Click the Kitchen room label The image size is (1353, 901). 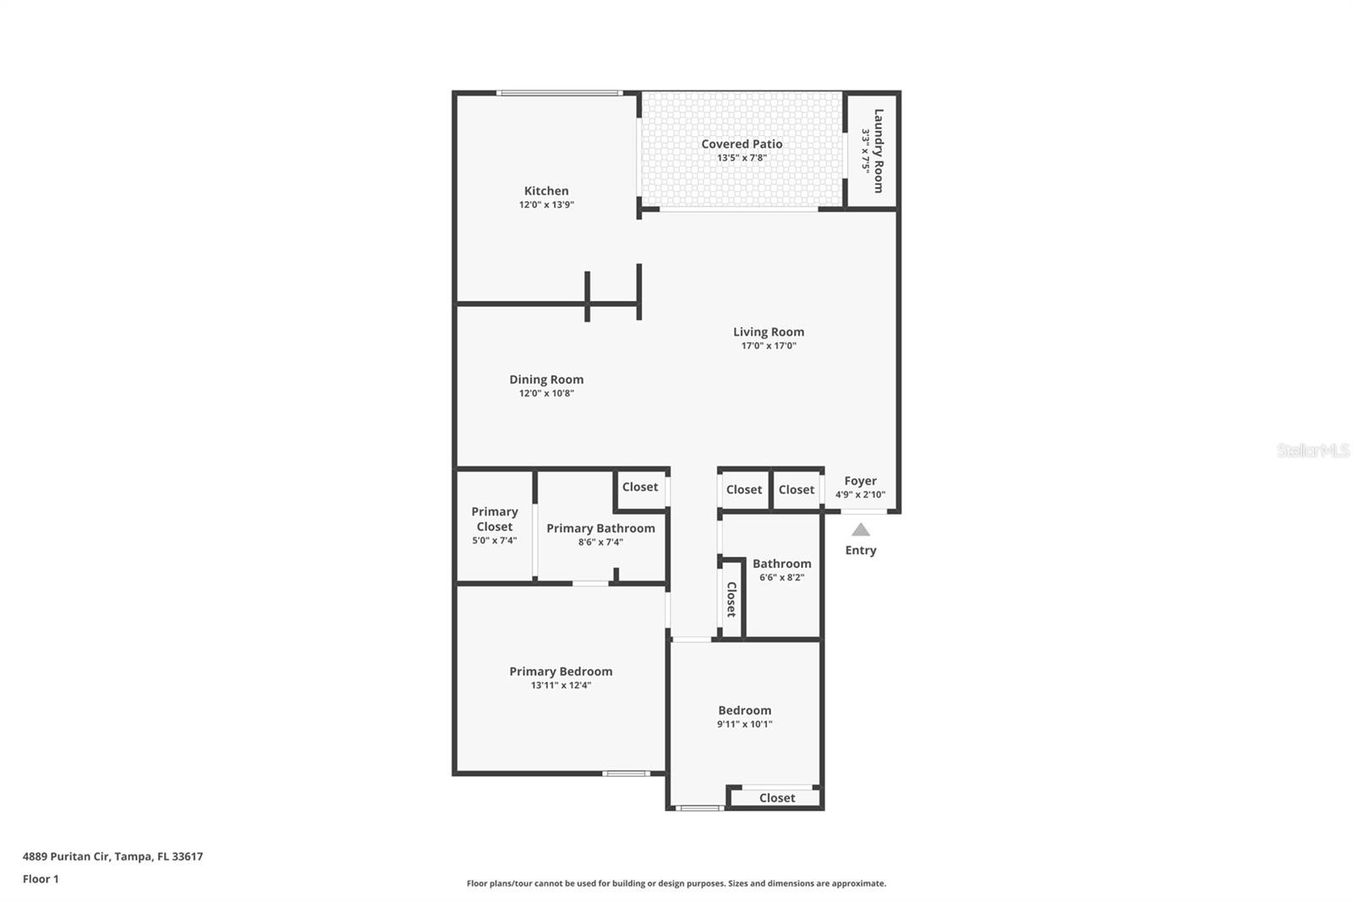pyautogui.click(x=546, y=191)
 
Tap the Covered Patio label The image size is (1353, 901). pyautogui.click(x=742, y=145)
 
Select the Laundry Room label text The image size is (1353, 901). pyautogui.click(x=878, y=150)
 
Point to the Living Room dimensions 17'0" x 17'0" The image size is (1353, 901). pyautogui.click(x=769, y=346)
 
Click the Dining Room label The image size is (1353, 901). pyautogui.click(x=546, y=380)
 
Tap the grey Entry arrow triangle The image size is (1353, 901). pyautogui.click(x=860, y=530)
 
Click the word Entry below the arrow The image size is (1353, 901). pyautogui.click(x=860, y=550)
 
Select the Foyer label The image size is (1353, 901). pyautogui.click(x=860, y=481)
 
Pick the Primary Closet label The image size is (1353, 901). pyautogui.click(x=495, y=519)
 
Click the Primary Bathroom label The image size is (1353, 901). pyautogui.click(x=600, y=528)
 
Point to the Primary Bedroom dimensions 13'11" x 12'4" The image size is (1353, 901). pyautogui.click(x=561, y=685)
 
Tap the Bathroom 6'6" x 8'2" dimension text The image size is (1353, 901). pyautogui.click(x=781, y=578)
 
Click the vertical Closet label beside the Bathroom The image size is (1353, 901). pyautogui.click(x=731, y=599)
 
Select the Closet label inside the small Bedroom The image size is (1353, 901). pyautogui.click(x=776, y=798)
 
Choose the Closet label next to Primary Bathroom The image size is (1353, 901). pyautogui.click(x=640, y=487)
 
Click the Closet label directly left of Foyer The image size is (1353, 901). pyautogui.click(x=797, y=489)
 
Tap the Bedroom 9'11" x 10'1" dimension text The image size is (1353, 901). pyautogui.click(x=744, y=724)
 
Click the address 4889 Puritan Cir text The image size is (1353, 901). pyautogui.click(x=112, y=856)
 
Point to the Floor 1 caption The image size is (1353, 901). pyautogui.click(x=41, y=879)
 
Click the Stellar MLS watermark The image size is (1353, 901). pyautogui.click(x=1312, y=450)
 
